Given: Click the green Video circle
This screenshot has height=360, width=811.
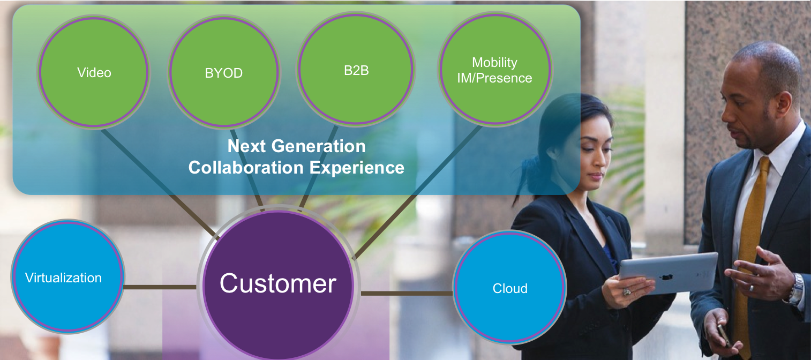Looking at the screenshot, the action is point(94,72).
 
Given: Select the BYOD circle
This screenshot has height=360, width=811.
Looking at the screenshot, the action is point(224,72).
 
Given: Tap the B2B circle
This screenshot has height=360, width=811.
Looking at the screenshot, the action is point(356,69).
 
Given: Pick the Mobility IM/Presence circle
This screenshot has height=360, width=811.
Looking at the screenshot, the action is point(495,69).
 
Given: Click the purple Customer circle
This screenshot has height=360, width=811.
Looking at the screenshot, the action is point(278,284).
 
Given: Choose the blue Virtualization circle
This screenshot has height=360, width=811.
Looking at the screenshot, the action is point(67,276).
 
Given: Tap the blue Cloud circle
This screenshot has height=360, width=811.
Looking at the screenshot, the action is point(510,288).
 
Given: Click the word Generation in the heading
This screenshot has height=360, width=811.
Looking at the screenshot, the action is point(318,146).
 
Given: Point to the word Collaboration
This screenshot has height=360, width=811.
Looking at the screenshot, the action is point(246,168).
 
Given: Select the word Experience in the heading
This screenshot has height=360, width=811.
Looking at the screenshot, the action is point(357,168).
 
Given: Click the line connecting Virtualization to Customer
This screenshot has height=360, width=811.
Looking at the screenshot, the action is point(160,287).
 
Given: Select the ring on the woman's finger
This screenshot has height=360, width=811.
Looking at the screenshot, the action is point(626,291).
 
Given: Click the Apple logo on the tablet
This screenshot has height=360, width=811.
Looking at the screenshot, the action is point(666,277).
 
